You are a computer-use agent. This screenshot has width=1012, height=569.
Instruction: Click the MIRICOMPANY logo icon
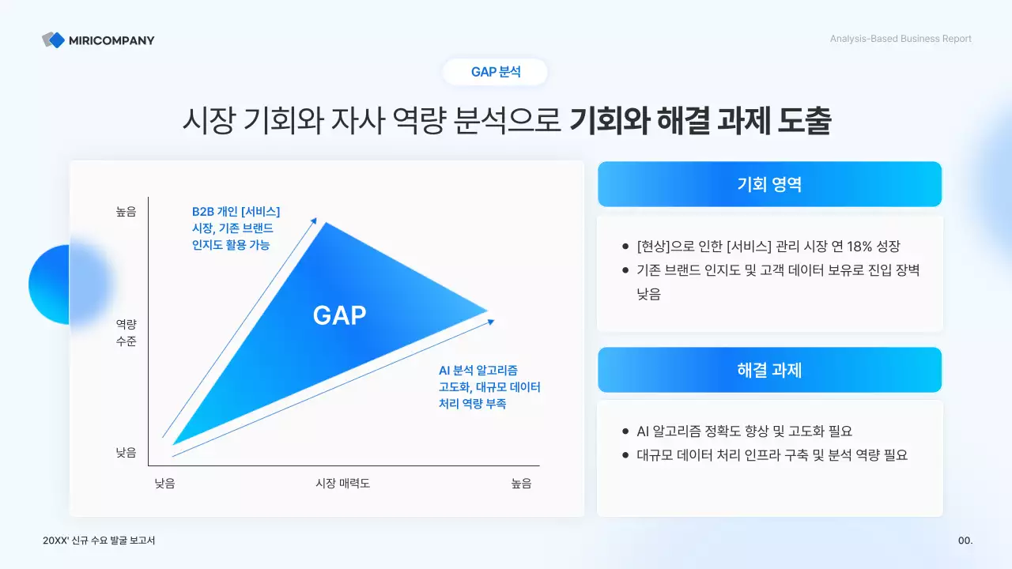54,40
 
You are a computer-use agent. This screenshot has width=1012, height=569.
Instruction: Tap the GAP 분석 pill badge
496,72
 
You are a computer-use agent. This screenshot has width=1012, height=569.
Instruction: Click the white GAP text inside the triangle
339,315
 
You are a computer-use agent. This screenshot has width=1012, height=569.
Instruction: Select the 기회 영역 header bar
769,184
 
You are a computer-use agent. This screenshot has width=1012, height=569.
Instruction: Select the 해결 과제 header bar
769,370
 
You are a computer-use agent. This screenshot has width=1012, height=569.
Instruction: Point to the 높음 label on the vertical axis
126,212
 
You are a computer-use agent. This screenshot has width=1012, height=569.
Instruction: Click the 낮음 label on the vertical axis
126,453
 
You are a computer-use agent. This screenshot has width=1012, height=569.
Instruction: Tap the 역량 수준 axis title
126,333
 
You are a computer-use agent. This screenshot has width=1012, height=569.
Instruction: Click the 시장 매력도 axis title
342,483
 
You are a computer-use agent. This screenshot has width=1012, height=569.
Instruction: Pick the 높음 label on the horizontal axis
521,483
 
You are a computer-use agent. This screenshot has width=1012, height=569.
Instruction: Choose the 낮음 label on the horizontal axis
164,483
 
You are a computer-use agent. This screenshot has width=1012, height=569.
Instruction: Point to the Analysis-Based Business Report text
901,39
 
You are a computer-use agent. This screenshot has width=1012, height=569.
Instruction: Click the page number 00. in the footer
965,541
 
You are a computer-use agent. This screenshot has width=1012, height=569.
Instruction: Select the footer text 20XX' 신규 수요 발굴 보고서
100,541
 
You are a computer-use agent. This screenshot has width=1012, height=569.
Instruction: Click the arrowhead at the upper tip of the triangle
315,220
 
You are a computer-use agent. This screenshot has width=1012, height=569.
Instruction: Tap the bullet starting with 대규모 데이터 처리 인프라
772,455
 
